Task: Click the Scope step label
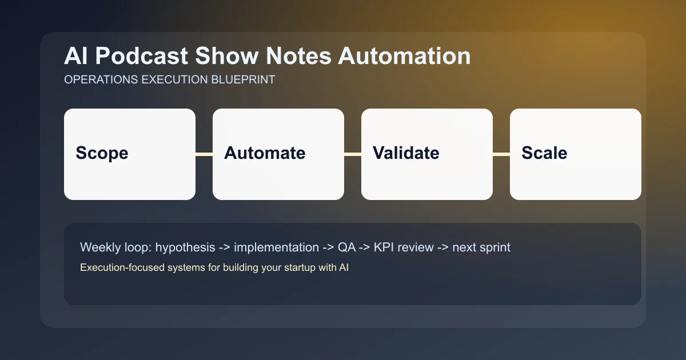(x=102, y=153)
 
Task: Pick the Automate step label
(x=265, y=153)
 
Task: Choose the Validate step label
(x=406, y=153)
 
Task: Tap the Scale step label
(x=544, y=153)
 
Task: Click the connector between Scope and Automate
(x=204, y=154)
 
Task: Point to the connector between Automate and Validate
(x=353, y=154)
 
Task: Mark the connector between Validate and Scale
(x=501, y=154)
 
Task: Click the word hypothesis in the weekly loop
(x=186, y=247)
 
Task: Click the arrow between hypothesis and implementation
(x=225, y=247)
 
